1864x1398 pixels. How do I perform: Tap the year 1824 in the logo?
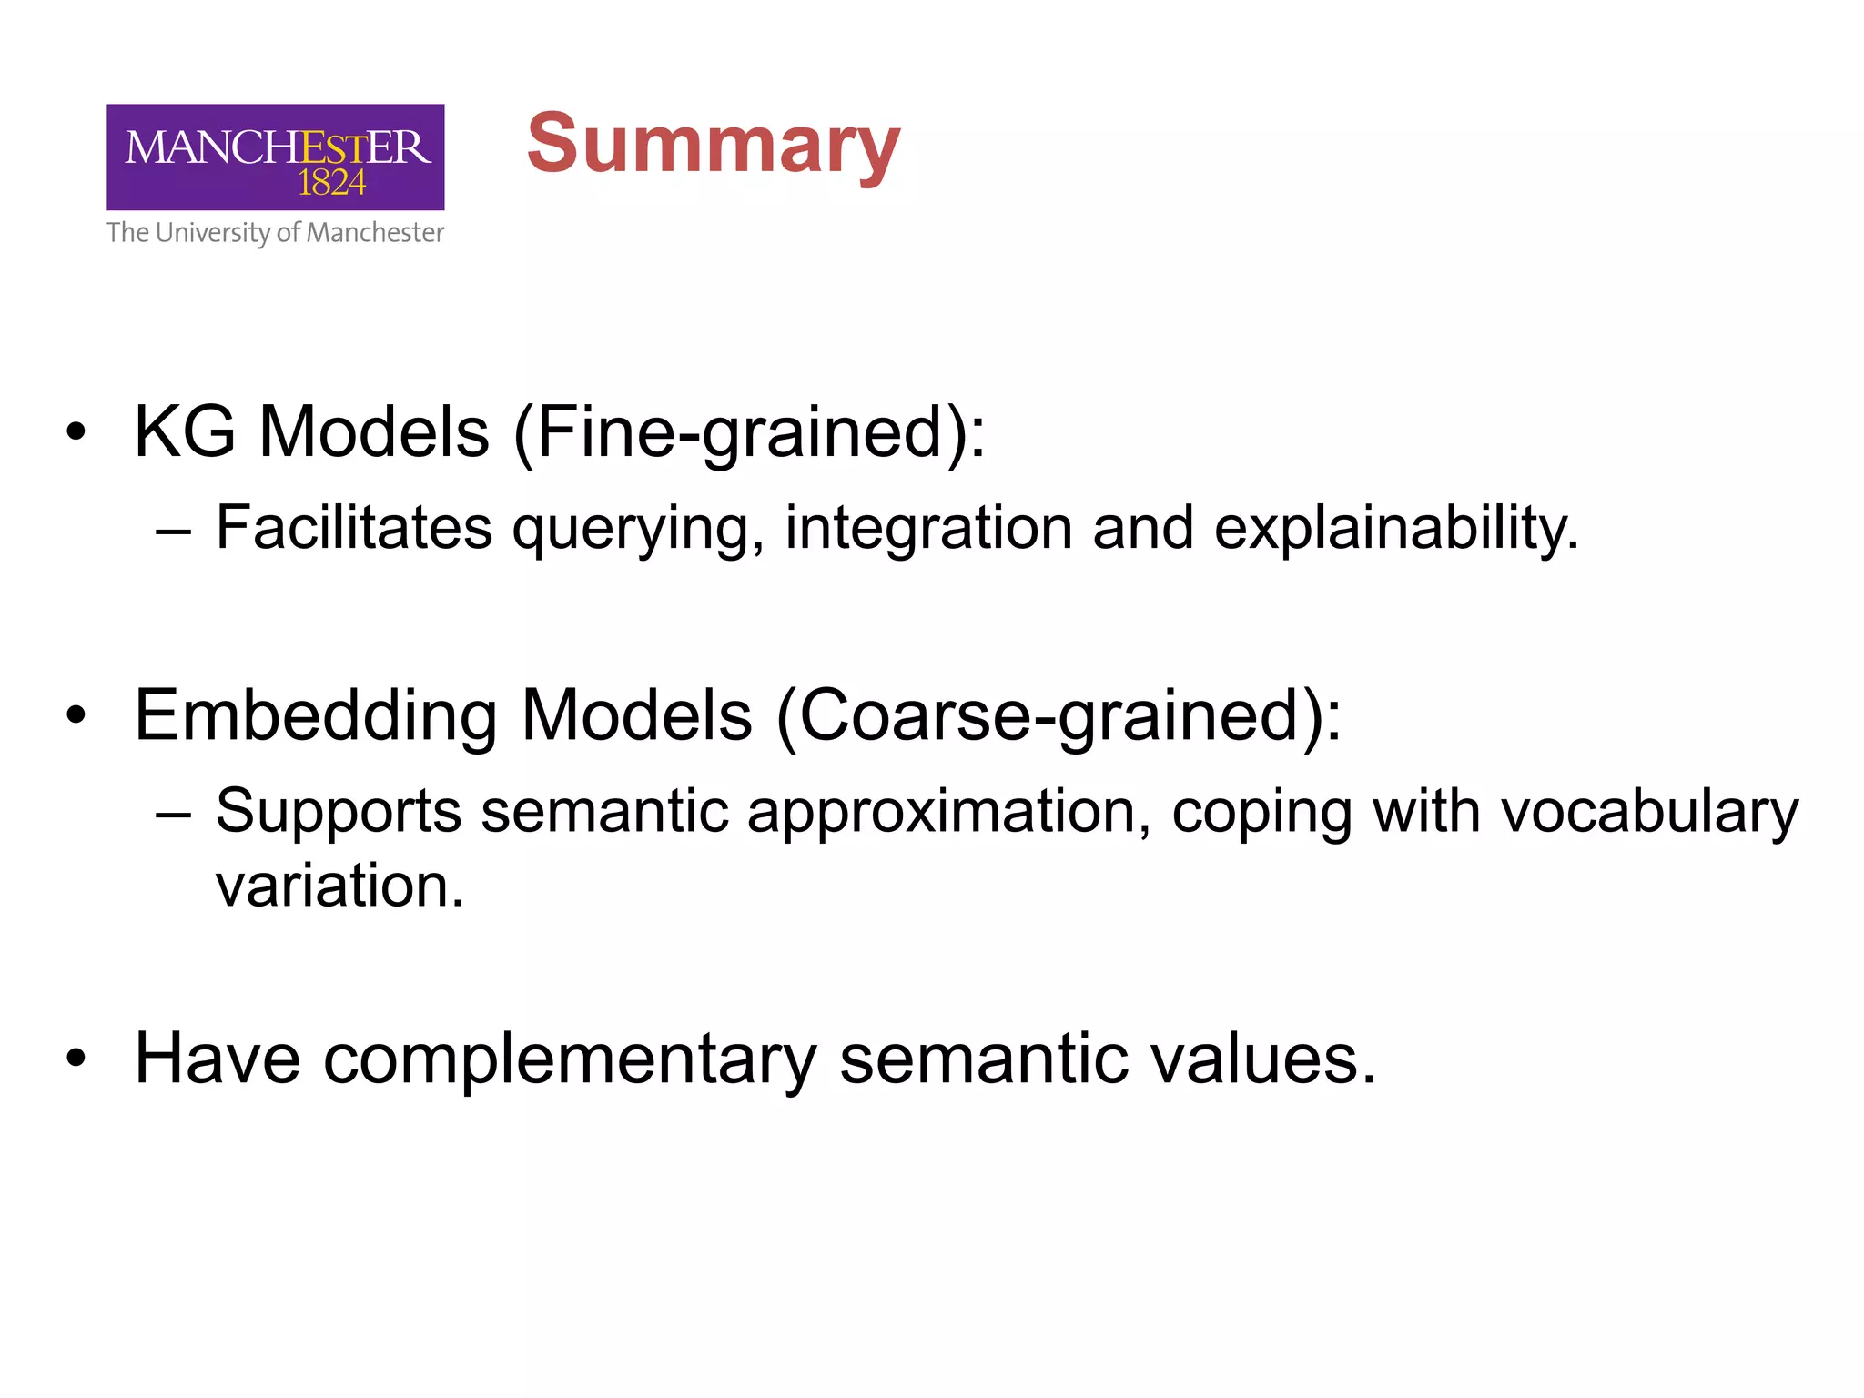pos(331,183)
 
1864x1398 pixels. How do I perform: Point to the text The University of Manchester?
pos(275,233)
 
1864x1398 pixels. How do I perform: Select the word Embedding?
pos(316,716)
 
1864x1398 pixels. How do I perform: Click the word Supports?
pos(338,812)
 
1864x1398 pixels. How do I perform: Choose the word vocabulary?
pos(1649,812)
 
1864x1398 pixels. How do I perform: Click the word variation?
pos(339,886)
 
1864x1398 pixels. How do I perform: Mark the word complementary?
pos(570,1060)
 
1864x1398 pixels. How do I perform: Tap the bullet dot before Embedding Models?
pos(76,716)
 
